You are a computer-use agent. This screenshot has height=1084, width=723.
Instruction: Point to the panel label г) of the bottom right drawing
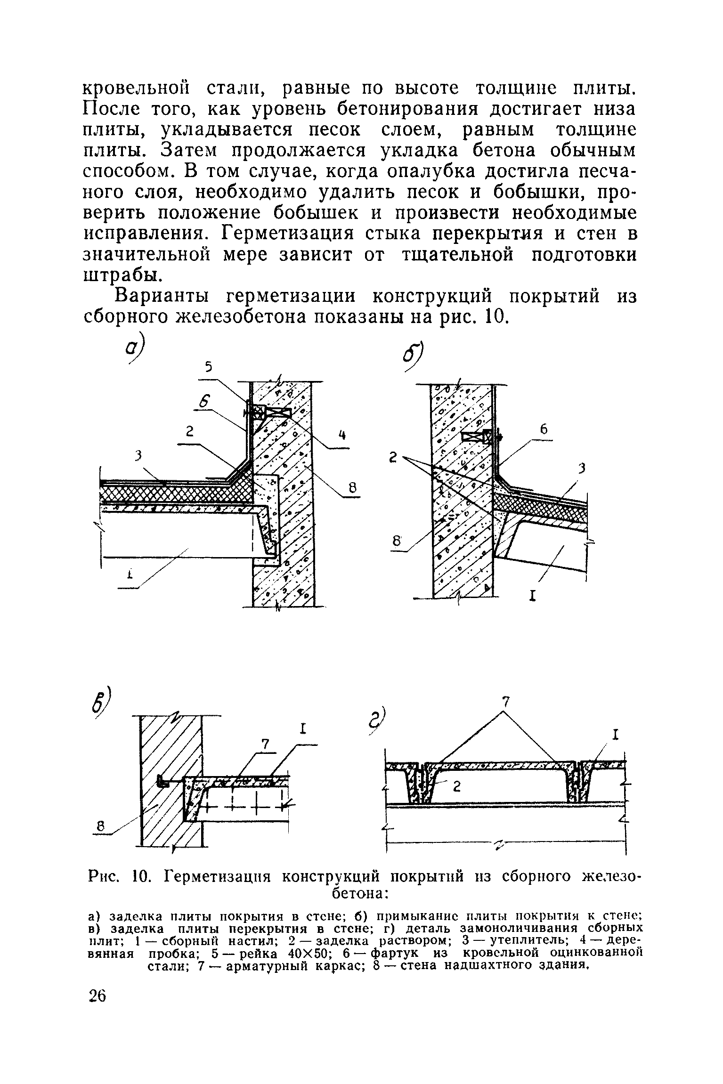pyautogui.click(x=380, y=721)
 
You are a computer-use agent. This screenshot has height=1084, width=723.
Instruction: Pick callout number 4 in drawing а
pyautogui.click(x=343, y=436)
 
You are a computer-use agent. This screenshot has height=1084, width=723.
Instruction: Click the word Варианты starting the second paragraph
pyautogui.click(x=164, y=297)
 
